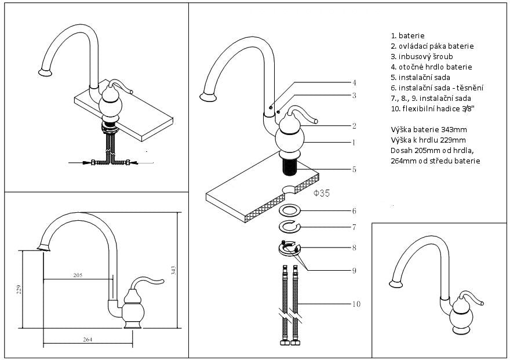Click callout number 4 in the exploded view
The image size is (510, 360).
click(x=354, y=82)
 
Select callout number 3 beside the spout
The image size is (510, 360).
click(x=354, y=95)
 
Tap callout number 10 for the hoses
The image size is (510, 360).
click(x=356, y=304)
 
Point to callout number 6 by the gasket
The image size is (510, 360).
click(x=354, y=210)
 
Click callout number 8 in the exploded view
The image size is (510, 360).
click(x=354, y=248)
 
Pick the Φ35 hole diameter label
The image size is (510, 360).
click(x=322, y=194)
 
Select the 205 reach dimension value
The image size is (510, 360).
click(x=77, y=275)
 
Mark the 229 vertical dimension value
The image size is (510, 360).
click(x=18, y=289)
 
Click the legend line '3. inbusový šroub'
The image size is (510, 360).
click(x=421, y=56)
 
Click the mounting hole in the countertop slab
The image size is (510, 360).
click(x=290, y=189)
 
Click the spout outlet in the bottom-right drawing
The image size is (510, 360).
click(x=396, y=283)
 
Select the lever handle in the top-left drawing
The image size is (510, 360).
click(x=121, y=86)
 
